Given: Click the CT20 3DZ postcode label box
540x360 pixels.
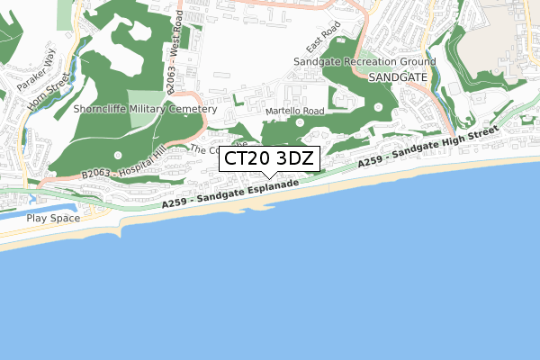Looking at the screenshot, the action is [269, 159].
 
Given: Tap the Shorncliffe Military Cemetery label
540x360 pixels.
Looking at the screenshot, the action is [145, 109].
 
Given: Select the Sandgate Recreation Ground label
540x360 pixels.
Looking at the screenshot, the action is [365, 62].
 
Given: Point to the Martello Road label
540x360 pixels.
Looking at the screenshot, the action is [295, 112].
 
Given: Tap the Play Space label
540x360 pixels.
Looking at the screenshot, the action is [52, 218].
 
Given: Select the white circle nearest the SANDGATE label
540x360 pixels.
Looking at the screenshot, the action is [377, 107].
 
